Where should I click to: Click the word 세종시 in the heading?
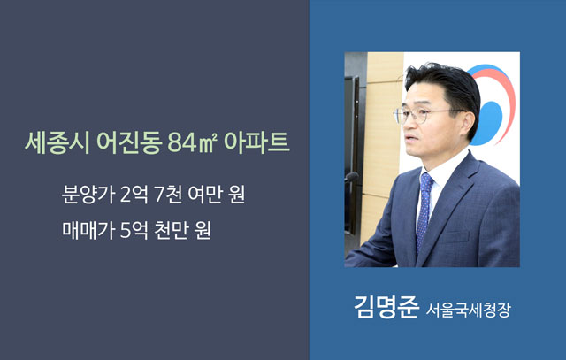[57, 142]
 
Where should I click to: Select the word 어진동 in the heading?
[129, 142]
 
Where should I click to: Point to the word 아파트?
[256, 142]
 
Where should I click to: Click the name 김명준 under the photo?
[386, 307]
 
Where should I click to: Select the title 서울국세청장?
[469, 310]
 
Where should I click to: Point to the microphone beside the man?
[350, 177]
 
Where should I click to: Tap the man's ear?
[467, 123]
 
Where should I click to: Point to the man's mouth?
[409, 139]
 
